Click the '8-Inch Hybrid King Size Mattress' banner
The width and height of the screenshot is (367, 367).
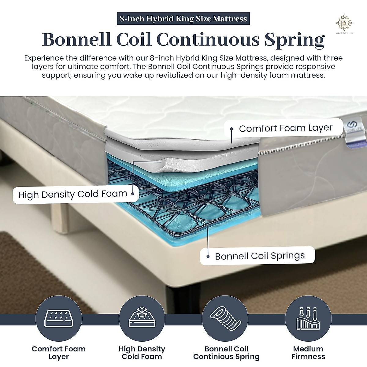point(183,19)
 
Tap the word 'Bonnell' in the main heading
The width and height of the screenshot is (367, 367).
point(76,39)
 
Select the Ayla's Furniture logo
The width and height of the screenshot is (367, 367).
point(344,23)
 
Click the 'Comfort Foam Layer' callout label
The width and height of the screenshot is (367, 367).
point(285,128)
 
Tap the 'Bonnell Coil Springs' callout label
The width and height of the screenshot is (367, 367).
point(260,256)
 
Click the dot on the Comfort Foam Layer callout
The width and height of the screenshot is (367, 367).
point(232,129)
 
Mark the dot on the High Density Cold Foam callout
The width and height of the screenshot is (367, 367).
point(133,193)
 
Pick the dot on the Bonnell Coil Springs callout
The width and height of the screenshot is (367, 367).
point(208,256)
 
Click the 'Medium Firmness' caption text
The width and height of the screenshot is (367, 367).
point(308,353)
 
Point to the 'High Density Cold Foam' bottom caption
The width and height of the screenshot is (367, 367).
point(142,353)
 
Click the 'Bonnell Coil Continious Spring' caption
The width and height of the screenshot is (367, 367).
point(226,353)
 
